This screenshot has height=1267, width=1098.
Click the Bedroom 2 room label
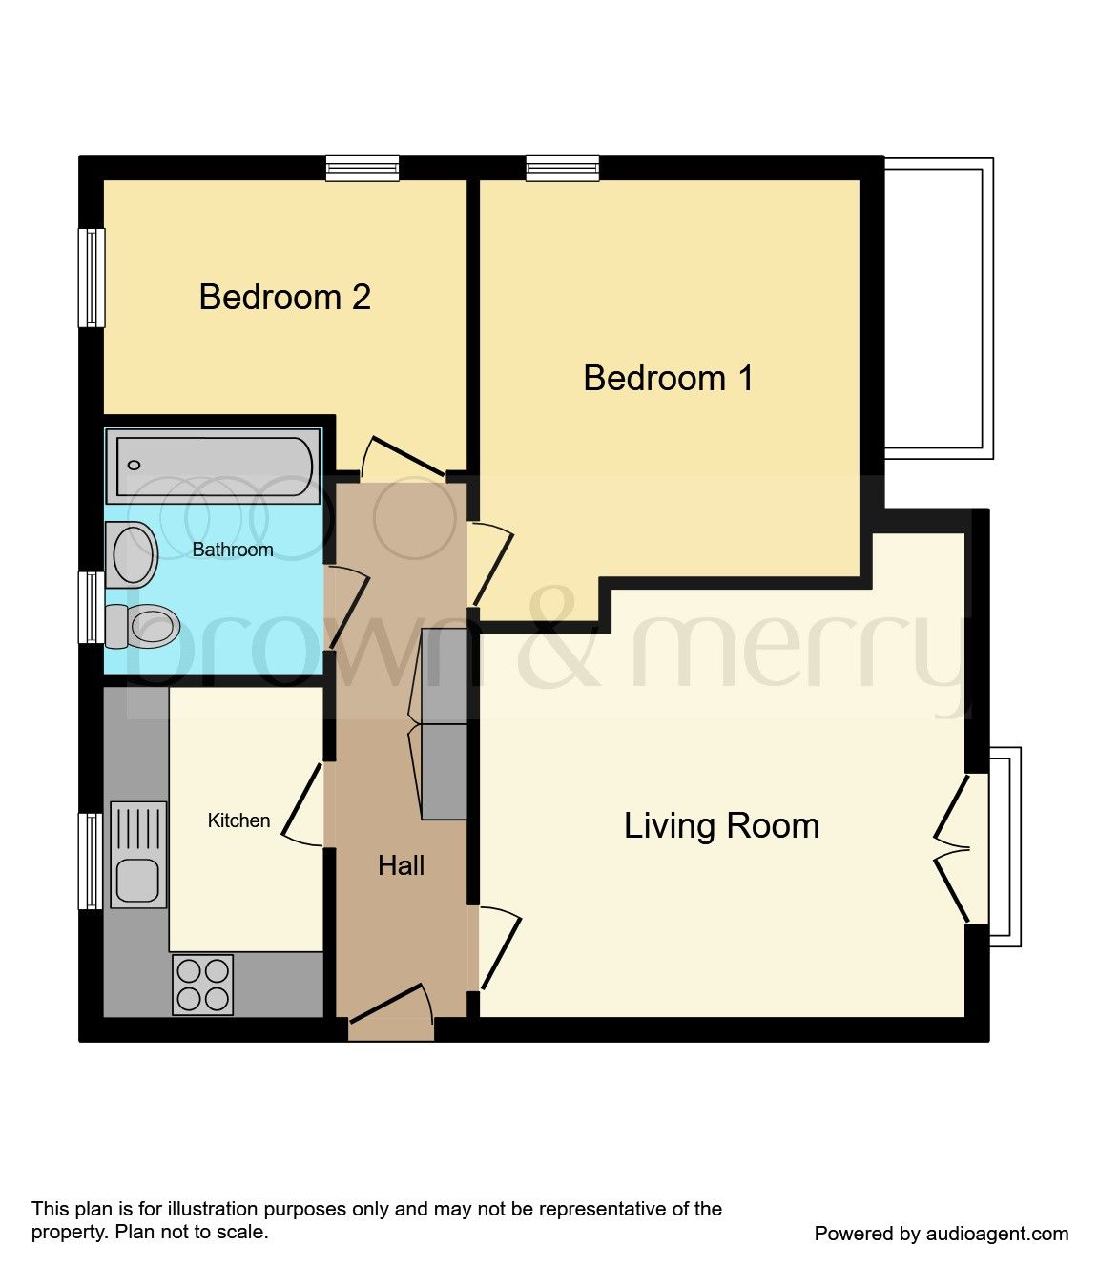click(284, 298)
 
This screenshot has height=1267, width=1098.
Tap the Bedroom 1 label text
click(668, 379)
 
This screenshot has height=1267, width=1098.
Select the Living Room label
click(721, 826)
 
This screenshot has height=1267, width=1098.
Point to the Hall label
click(401, 866)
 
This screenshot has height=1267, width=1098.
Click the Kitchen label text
click(238, 820)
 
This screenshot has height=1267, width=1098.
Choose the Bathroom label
click(232, 550)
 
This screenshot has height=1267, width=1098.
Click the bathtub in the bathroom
click(213, 466)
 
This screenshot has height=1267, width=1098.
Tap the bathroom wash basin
click(134, 554)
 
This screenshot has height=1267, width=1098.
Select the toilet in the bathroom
click(143, 626)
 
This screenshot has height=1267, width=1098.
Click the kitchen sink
click(138, 855)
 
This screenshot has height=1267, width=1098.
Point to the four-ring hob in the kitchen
click(203, 985)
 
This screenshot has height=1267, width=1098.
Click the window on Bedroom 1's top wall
click(563, 168)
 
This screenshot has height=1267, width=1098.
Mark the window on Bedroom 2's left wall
click(92, 278)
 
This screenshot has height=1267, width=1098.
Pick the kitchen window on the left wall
click(91, 861)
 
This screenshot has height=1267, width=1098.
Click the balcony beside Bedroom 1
click(938, 307)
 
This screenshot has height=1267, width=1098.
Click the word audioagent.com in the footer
click(997, 1234)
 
